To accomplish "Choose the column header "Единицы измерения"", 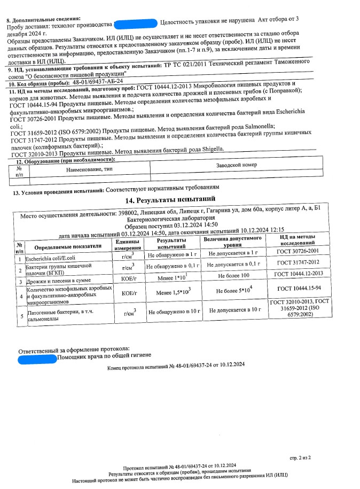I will [x=127, y=245].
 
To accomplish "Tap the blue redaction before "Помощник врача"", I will [x=37, y=355].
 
